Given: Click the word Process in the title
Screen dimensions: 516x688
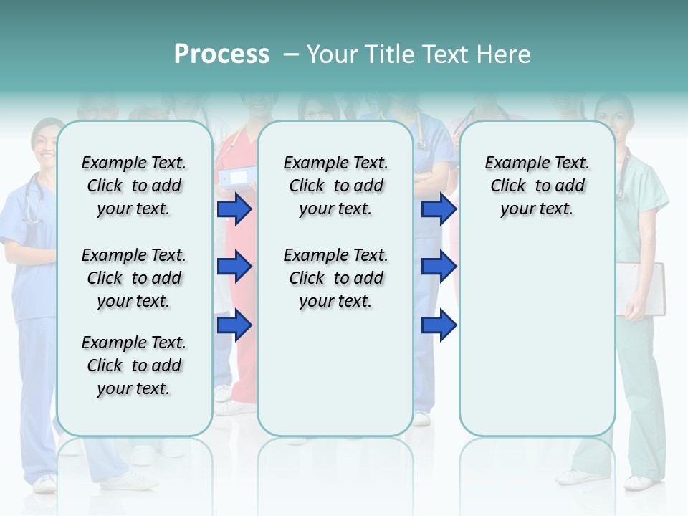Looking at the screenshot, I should pos(221,54).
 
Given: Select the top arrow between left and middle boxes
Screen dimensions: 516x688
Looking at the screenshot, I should pos(234,209).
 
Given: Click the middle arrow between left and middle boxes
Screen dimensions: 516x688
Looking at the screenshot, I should pos(234,267).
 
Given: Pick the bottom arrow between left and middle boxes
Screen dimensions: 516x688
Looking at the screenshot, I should pos(234,325).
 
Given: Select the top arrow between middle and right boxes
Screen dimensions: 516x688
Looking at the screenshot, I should pos(439,209).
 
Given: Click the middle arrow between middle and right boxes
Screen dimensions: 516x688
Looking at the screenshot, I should pos(439,267).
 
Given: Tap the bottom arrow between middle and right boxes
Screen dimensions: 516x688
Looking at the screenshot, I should pos(439,325).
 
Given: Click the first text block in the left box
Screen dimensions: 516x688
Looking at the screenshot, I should pos(134,186).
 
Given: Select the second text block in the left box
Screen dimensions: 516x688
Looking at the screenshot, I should pos(134,278).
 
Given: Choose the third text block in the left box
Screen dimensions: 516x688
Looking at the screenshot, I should pos(134,365).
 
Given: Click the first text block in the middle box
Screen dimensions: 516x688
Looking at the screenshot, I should pos(335,186).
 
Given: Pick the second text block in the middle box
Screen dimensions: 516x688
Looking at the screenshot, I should pos(335,278).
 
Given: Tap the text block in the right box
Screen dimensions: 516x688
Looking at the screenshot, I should pos(537,186).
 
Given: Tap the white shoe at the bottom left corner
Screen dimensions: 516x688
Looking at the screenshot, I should pos(44,484).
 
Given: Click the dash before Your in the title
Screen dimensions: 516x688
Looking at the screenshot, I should pos(291,54).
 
